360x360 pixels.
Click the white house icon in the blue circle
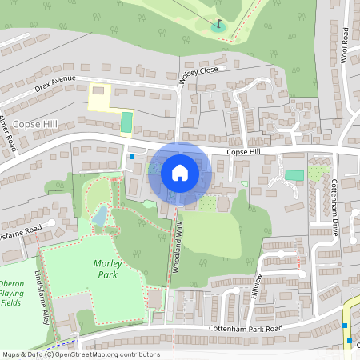click(x=180, y=172)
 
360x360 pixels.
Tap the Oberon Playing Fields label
click(x=11, y=294)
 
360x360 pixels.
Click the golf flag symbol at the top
click(x=218, y=25)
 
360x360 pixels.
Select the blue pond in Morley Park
click(x=99, y=216)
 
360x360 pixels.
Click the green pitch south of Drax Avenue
click(x=126, y=122)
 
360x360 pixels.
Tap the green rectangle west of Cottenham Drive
click(x=294, y=175)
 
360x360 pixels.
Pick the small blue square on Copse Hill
click(x=132, y=158)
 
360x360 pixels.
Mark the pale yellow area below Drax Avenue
click(x=99, y=98)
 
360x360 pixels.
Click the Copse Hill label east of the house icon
click(x=244, y=151)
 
